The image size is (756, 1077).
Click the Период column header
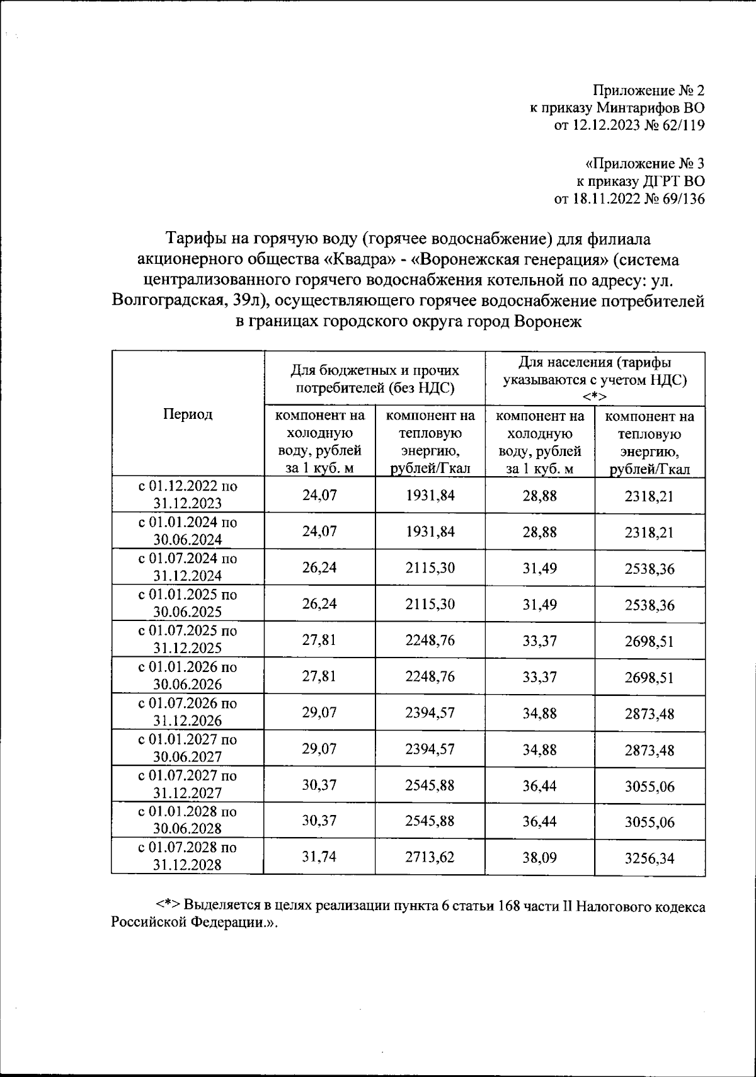[188, 414]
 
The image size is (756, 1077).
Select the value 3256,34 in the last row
[649, 858]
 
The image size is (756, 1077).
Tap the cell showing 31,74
[319, 857]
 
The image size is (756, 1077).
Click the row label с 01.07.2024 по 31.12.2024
[188, 567]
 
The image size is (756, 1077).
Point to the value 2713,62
[430, 857]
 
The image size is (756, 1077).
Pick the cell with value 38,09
[539, 857]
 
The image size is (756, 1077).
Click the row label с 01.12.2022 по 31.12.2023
[188, 494]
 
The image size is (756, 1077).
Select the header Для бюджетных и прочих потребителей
[375, 379]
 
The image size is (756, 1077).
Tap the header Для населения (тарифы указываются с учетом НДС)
[594, 379]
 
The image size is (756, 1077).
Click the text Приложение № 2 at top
[650, 90]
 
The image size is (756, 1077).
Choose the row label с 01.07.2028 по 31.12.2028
[188, 856]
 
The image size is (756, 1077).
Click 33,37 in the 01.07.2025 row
[539, 641]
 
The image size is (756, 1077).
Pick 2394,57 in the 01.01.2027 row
[430, 749]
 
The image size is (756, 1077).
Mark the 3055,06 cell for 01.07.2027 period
[649, 786]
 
